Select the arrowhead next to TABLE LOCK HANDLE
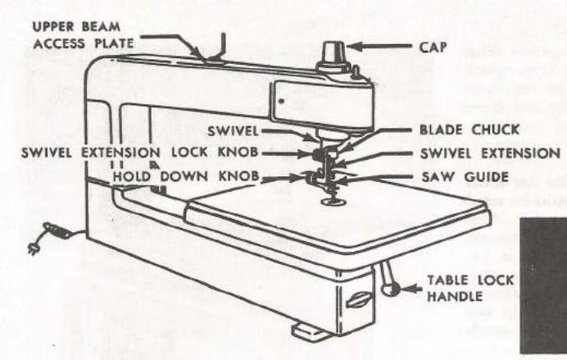[x=415, y=285]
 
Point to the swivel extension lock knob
[x=315, y=153]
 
